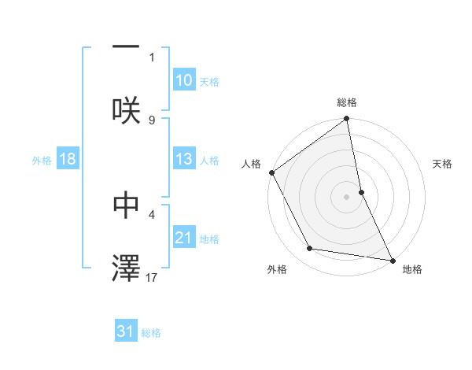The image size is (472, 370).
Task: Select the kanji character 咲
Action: click(126, 109)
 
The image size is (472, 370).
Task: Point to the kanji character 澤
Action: click(126, 268)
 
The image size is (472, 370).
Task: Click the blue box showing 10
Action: click(184, 80)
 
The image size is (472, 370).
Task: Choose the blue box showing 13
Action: click(184, 159)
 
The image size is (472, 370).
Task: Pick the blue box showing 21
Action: click(184, 238)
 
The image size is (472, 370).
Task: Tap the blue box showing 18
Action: click(68, 159)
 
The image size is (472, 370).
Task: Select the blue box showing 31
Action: click(126, 331)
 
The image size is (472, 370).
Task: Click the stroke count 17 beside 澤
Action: click(153, 276)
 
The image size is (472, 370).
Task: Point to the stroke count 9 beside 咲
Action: click(152, 120)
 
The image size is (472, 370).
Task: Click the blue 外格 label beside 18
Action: click(42, 160)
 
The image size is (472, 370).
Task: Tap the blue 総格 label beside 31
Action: click(151, 332)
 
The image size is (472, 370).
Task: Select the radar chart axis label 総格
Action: click(347, 102)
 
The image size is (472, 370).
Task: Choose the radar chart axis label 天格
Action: click(443, 164)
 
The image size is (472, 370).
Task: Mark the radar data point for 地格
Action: click(392, 259)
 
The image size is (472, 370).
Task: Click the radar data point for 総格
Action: click(347, 120)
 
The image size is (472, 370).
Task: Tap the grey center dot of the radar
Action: click(347, 196)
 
